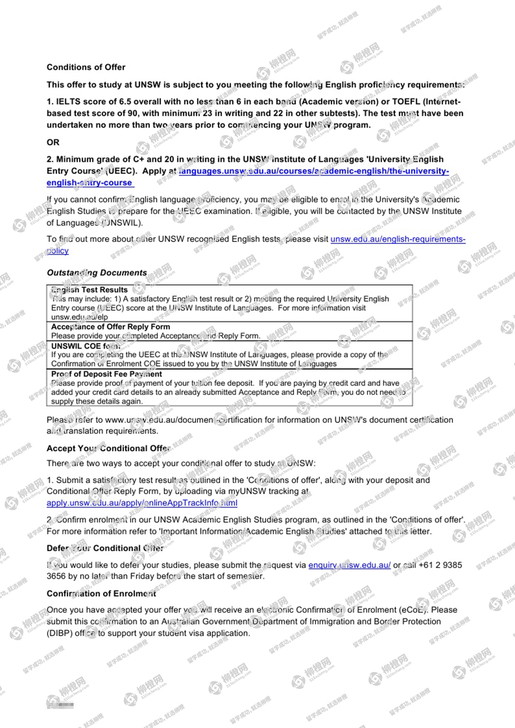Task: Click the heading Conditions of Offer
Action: coord(86,67)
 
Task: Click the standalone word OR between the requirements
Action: coord(53,142)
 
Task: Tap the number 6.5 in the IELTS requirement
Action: coord(125,101)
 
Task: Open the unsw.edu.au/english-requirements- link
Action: coord(398,239)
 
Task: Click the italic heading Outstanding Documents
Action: coord(97,273)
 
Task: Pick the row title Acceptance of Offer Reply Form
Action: coord(110,326)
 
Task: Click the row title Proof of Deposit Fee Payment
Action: coord(106,374)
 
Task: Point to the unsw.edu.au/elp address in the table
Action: coord(79,317)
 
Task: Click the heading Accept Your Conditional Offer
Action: coord(109,449)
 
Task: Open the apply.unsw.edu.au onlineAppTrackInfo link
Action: coord(142,503)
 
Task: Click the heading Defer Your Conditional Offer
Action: coord(105,548)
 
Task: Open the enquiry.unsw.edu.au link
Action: coord(349,565)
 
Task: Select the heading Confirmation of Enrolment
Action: coord(101,594)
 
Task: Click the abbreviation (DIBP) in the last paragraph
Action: coord(59,634)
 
